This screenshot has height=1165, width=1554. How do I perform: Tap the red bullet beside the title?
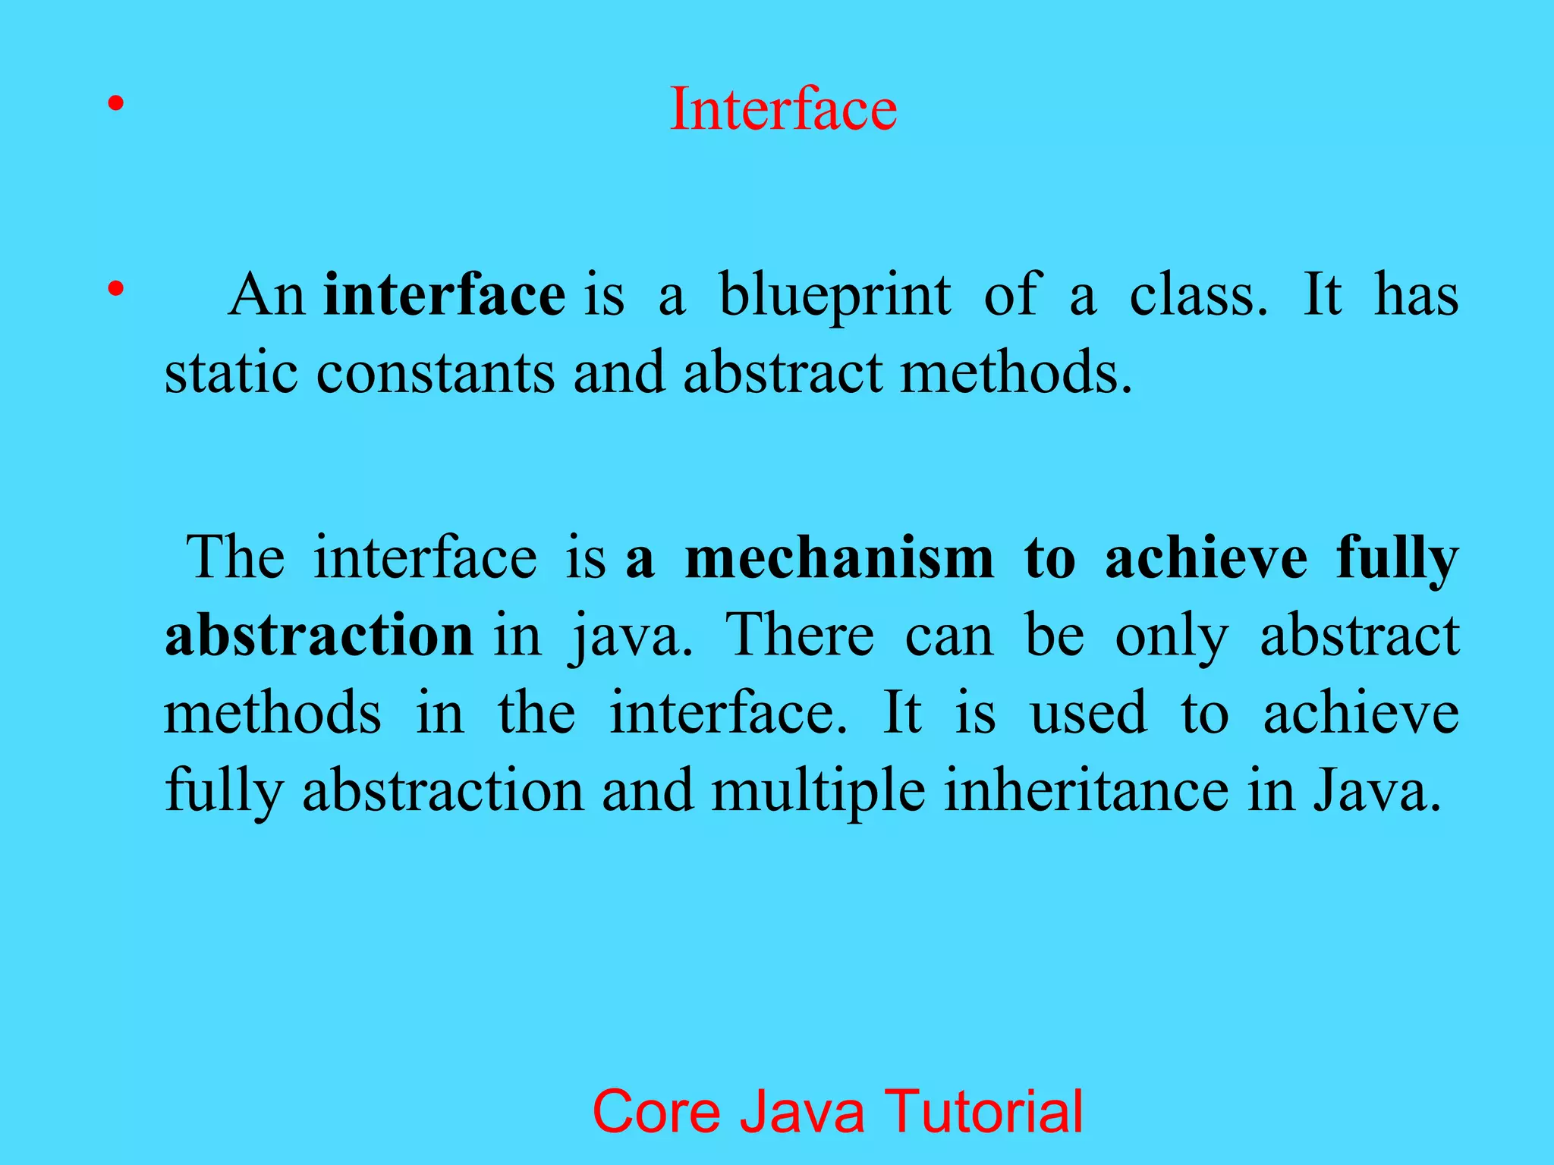coord(115,103)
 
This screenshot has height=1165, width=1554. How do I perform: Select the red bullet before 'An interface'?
coord(115,289)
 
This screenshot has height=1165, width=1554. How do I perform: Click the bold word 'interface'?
coord(444,295)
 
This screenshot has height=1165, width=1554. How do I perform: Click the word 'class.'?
coord(1198,295)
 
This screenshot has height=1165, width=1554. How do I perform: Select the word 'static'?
coord(231,372)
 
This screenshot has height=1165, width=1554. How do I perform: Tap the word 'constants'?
coord(436,374)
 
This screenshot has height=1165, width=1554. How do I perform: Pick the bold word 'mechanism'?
coord(839,559)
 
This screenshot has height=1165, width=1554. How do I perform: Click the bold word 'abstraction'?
coord(319,636)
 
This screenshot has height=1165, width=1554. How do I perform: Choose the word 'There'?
coord(801,635)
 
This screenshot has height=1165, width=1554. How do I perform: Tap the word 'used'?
coord(1088,713)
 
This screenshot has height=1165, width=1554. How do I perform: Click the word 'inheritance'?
coord(1086,790)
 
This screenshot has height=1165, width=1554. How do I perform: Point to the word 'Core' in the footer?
coord(656,1111)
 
